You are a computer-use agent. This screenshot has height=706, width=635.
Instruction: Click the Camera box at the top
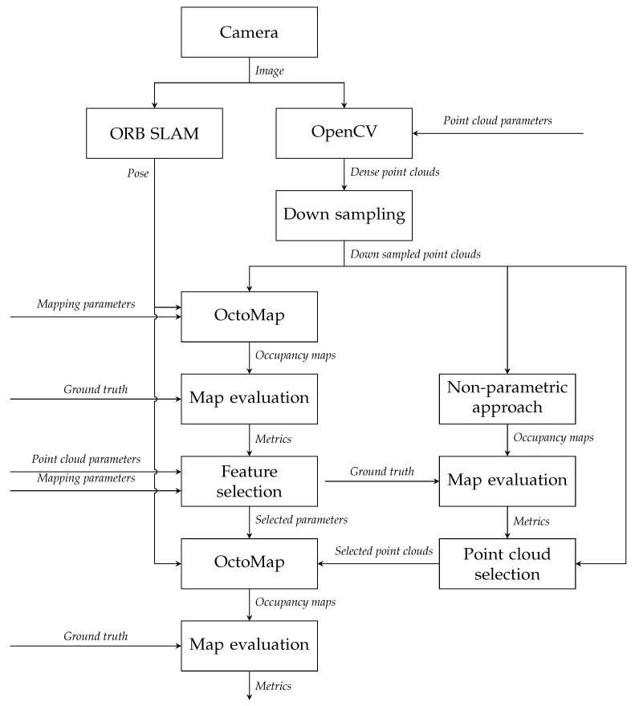pos(250,33)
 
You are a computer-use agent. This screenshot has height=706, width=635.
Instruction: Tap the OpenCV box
pos(344,133)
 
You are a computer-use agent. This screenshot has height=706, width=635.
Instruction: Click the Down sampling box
pos(344,215)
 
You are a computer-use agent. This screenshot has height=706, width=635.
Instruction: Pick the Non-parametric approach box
pos(507,398)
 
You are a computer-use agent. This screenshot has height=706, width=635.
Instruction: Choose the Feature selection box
pos(250,481)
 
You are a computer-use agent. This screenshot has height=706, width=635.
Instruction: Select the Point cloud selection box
pos(507,563)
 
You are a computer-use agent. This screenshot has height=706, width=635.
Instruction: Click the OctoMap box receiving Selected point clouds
pos(250,563)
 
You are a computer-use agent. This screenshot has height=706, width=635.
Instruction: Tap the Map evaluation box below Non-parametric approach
pos(507,481)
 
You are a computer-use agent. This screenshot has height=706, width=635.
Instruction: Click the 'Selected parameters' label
pos(301,520)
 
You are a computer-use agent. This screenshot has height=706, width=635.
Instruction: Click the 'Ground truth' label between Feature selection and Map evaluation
pos(381,471)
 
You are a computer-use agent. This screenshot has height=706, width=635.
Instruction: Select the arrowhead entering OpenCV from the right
pos(417,133)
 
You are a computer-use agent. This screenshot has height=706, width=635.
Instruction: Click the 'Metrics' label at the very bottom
pos(273,685)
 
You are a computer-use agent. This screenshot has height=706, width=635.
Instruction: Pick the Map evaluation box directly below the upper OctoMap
pos(250,398)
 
